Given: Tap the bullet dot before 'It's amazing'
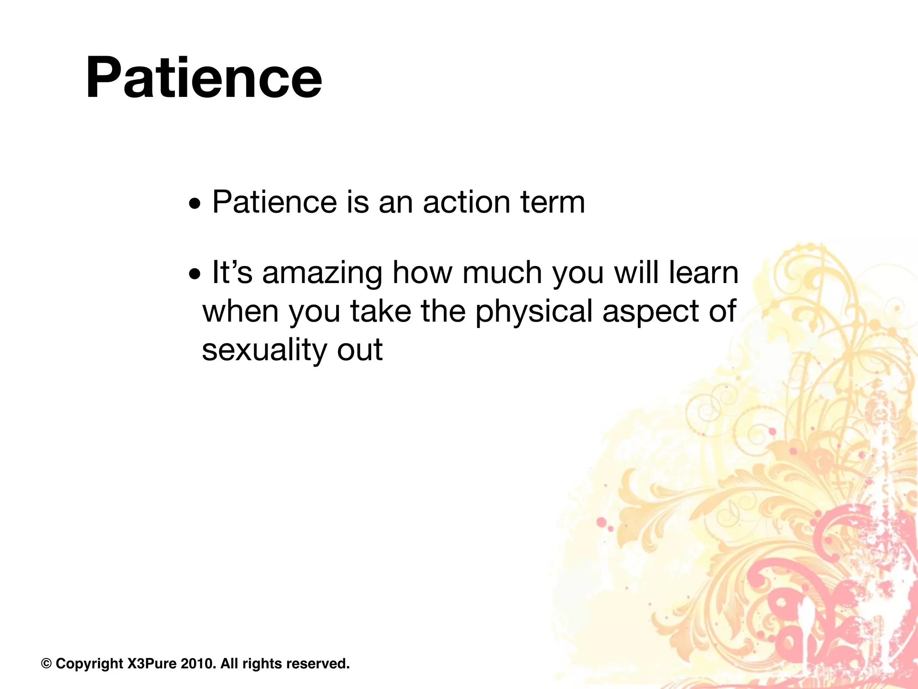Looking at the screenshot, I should coord(195,275).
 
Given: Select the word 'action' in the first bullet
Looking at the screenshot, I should coord(467,202).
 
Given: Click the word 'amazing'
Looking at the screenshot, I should coord(322,274).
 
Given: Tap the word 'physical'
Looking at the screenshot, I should coord(534,312).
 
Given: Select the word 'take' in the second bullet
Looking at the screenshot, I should coord(381,311).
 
